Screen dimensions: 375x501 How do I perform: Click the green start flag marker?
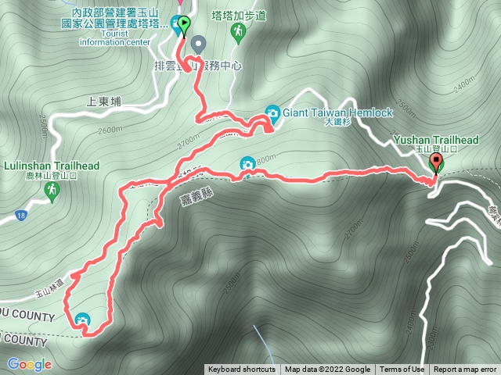point(183,25)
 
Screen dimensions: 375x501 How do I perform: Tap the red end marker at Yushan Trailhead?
point(436,163)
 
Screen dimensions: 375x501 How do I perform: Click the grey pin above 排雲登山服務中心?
point(198,44)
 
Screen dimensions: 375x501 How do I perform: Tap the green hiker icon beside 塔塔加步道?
point(238,31)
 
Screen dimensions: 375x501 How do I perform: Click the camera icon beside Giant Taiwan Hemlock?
point(272,112)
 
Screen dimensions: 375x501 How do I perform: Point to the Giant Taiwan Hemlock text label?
point(337,112)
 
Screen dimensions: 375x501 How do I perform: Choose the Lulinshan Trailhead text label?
point(52,166)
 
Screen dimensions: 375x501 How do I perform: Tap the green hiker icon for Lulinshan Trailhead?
point(52,192)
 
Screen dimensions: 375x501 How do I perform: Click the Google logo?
point(30,364)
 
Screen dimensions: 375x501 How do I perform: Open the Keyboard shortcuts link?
point(241,370)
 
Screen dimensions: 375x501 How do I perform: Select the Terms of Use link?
point(402,370)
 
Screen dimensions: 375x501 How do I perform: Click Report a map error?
point(465,370)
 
